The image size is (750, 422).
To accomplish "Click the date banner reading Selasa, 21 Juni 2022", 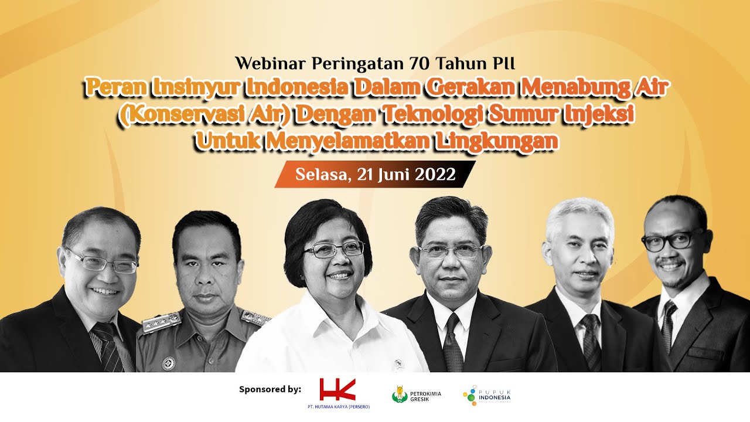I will point(375,175).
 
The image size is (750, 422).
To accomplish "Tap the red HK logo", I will point(337,390).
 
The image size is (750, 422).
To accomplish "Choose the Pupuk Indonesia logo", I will point(487,397).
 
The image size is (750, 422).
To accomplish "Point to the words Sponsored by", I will point(270,389).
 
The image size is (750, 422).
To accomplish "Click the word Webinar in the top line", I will point(271,62).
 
